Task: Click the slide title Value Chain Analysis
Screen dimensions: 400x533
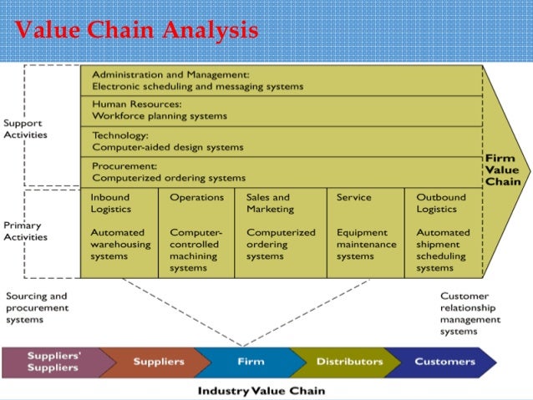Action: click(x=136, y=31)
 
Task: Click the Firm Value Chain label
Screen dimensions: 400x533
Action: click(x=503, y=170)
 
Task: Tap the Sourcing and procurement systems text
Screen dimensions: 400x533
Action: click(x=37, y=307)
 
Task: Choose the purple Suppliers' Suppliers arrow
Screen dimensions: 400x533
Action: click(x=53, y=362)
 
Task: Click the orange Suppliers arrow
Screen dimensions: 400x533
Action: click(x=159, y=362)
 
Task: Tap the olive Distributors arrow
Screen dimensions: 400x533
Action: click(x=349, y=362)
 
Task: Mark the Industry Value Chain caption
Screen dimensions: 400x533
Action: click(x=261, y=390)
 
